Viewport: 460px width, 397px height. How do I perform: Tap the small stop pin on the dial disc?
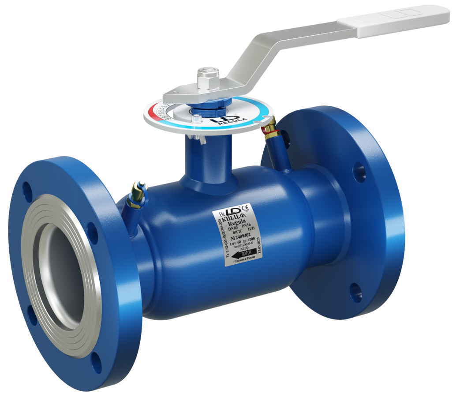[x=197, y=118]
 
